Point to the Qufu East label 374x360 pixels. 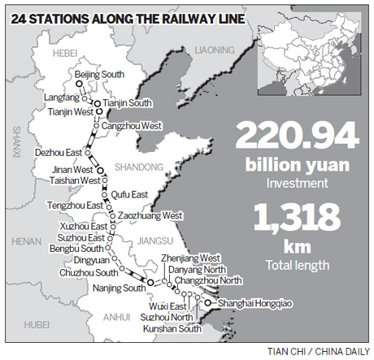point(129,194)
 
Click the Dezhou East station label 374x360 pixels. point(59,152)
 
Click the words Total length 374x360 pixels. point(297,264)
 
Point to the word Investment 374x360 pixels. point(297,184)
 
